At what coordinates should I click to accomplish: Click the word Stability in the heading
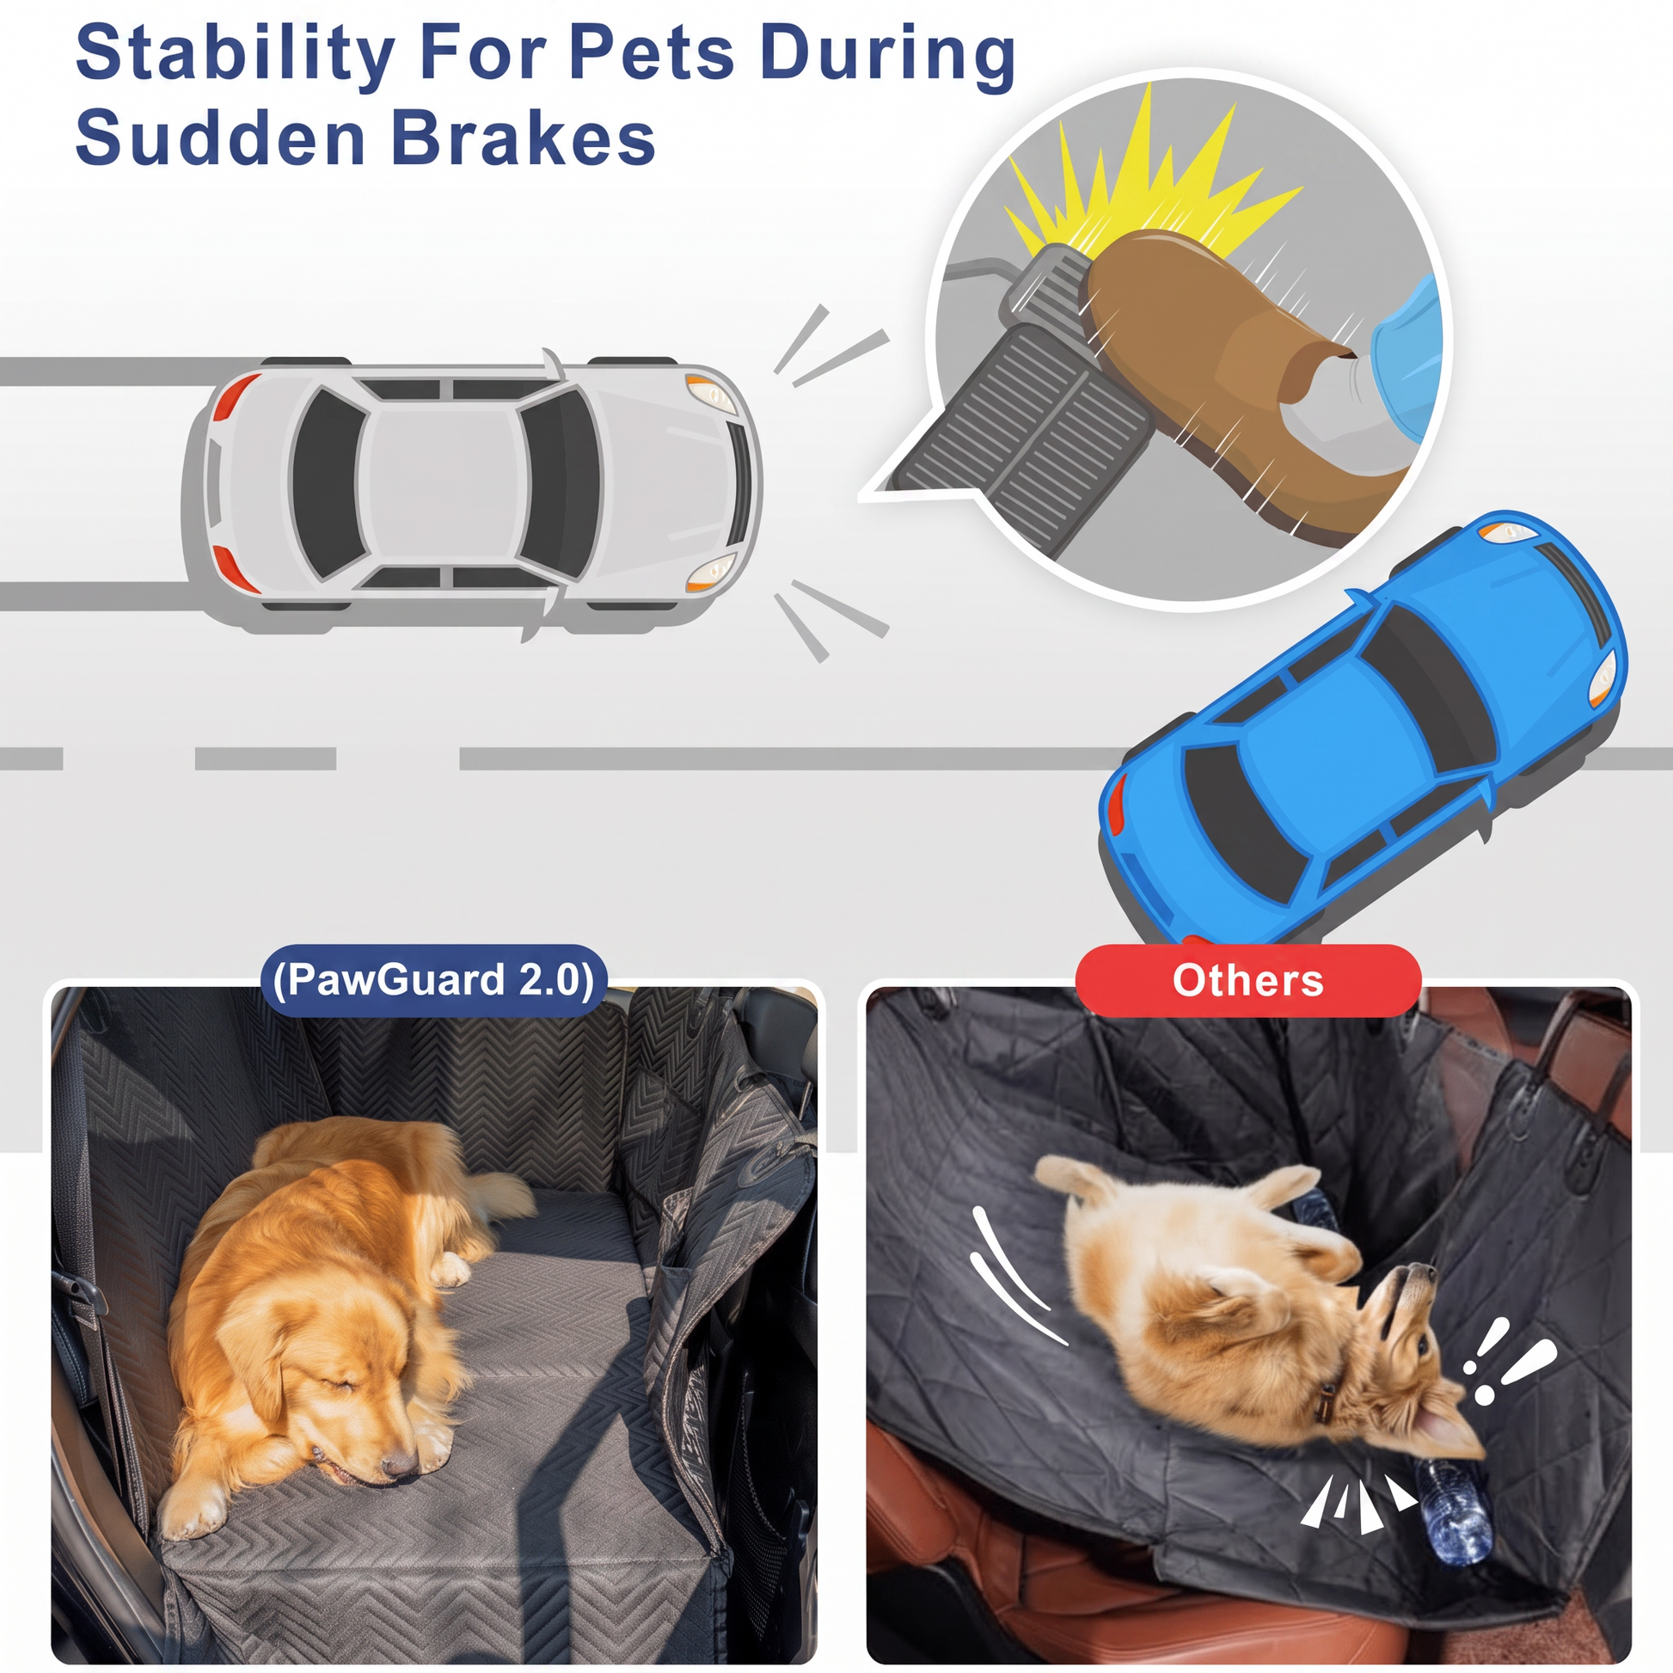236,54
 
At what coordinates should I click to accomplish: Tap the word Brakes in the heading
524,138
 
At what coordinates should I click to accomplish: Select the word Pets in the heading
652,53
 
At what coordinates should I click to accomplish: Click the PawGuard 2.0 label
434,979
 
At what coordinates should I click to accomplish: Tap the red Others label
1247,980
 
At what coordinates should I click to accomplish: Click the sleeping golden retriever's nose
399,1463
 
